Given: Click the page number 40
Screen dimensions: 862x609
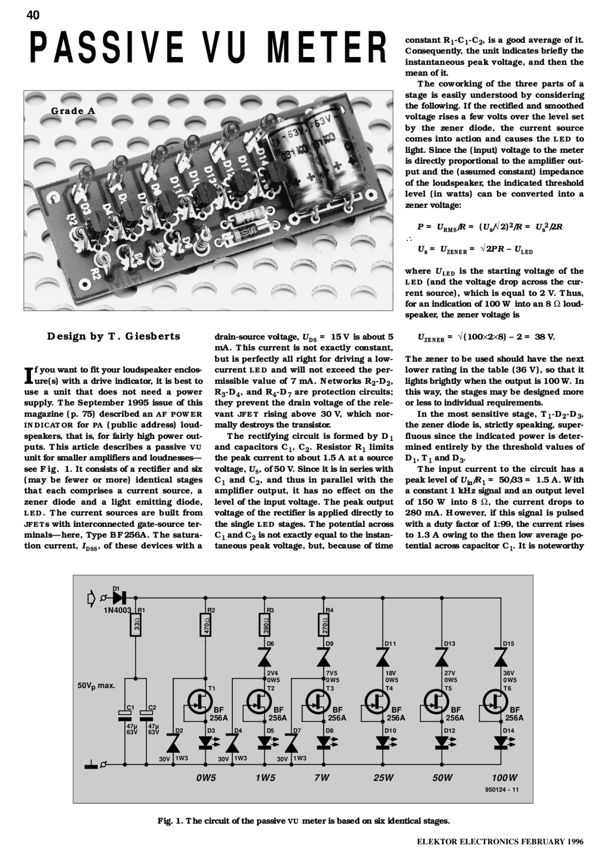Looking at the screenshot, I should [33, 15].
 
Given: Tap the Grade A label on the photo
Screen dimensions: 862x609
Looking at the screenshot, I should [73, 111].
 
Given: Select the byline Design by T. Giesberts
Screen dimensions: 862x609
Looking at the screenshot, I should [114, 336].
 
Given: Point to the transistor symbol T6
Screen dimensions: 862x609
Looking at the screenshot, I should [495, 701].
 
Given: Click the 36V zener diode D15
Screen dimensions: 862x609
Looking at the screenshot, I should [501, 658].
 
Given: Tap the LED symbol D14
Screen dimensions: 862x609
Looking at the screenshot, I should [501, 742].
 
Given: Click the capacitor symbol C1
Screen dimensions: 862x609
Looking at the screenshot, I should [124, 714].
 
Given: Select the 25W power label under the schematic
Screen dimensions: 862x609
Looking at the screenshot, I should [383, 778].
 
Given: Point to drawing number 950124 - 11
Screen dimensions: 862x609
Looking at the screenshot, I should [502, 790].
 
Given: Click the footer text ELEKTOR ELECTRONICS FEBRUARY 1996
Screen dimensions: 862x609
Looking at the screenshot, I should [500, 842].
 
